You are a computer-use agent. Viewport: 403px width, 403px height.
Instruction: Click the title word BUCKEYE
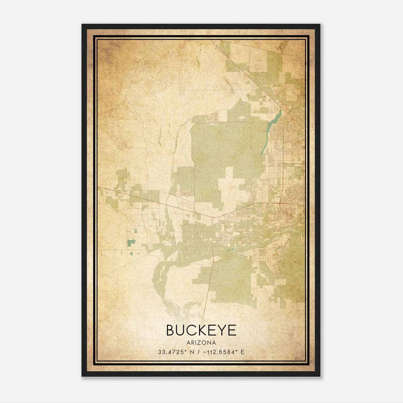pos(201,330)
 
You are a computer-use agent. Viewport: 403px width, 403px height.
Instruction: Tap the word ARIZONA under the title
pos(201,343)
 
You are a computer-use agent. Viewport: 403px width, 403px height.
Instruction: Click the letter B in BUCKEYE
pos(171,330)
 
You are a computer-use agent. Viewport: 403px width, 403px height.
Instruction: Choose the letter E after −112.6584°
pos(243,352)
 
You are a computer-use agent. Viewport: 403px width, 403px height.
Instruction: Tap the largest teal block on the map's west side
pos(131,243)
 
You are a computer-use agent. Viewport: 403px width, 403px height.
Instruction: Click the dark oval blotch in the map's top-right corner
pos(282,45)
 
